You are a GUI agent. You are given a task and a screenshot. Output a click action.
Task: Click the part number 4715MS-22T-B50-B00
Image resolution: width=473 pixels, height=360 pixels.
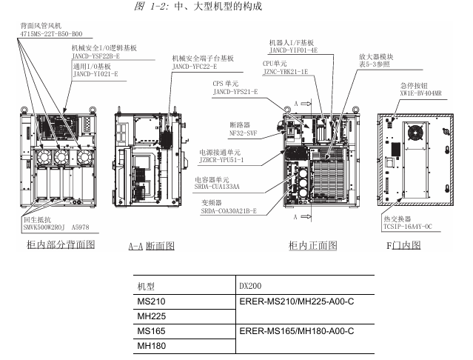(x=52, y=33)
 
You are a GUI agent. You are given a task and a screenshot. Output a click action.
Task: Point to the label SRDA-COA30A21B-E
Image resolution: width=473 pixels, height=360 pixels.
(x=229, y=212)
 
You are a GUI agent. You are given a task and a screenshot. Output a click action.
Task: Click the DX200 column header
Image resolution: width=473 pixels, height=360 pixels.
(x=252, y=285)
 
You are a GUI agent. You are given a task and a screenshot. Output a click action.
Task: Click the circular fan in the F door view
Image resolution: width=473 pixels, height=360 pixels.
(x=413, y=130)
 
